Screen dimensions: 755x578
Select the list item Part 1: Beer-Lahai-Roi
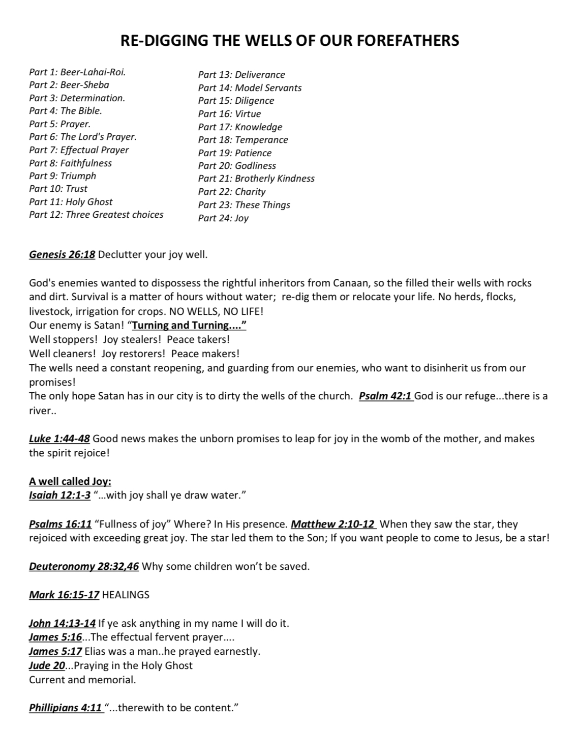click(77, 72)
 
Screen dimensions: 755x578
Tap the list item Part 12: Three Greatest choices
click(96, 215)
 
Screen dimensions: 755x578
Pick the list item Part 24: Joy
click(223, 218)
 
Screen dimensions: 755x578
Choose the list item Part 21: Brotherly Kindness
click(256, 179)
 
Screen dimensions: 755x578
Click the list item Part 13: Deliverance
click(241, 75)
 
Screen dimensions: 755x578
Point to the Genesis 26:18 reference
click(62, 255)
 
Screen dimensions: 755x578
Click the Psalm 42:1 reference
click(385, 396)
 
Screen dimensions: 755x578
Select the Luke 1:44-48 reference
click(59, 439)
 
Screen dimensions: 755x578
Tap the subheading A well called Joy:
click(70, 481)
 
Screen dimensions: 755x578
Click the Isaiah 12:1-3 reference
click(59, 496)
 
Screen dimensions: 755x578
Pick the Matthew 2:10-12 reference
click(333, 524)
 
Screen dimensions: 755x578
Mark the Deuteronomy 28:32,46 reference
click(84, 567)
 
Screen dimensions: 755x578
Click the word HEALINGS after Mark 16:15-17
click(126, 595)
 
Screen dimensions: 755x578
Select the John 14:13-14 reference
click(62, 623)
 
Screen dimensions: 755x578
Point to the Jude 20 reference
click(47, 665)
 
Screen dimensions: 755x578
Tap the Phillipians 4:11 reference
click(66, 708)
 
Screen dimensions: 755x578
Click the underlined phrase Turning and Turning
click(189, 326)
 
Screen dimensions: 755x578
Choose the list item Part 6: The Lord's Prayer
click(83, 137)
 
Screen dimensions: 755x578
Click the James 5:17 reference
click(55, 651)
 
